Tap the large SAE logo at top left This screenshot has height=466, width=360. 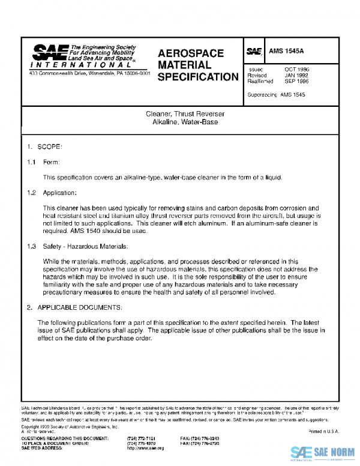(x=50, y=52)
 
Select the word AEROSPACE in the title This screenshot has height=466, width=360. (x=190, y=53)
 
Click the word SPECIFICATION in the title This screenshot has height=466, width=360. (x=198, y=77)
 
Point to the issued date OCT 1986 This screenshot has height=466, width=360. (x=296, y=70)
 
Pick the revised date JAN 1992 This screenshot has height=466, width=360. (x=296, y=76)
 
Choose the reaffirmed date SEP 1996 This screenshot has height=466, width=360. (x=296, y=82)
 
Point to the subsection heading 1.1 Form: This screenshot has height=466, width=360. (x=43, y=162)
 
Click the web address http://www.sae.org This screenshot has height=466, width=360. (x=145, y=448)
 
